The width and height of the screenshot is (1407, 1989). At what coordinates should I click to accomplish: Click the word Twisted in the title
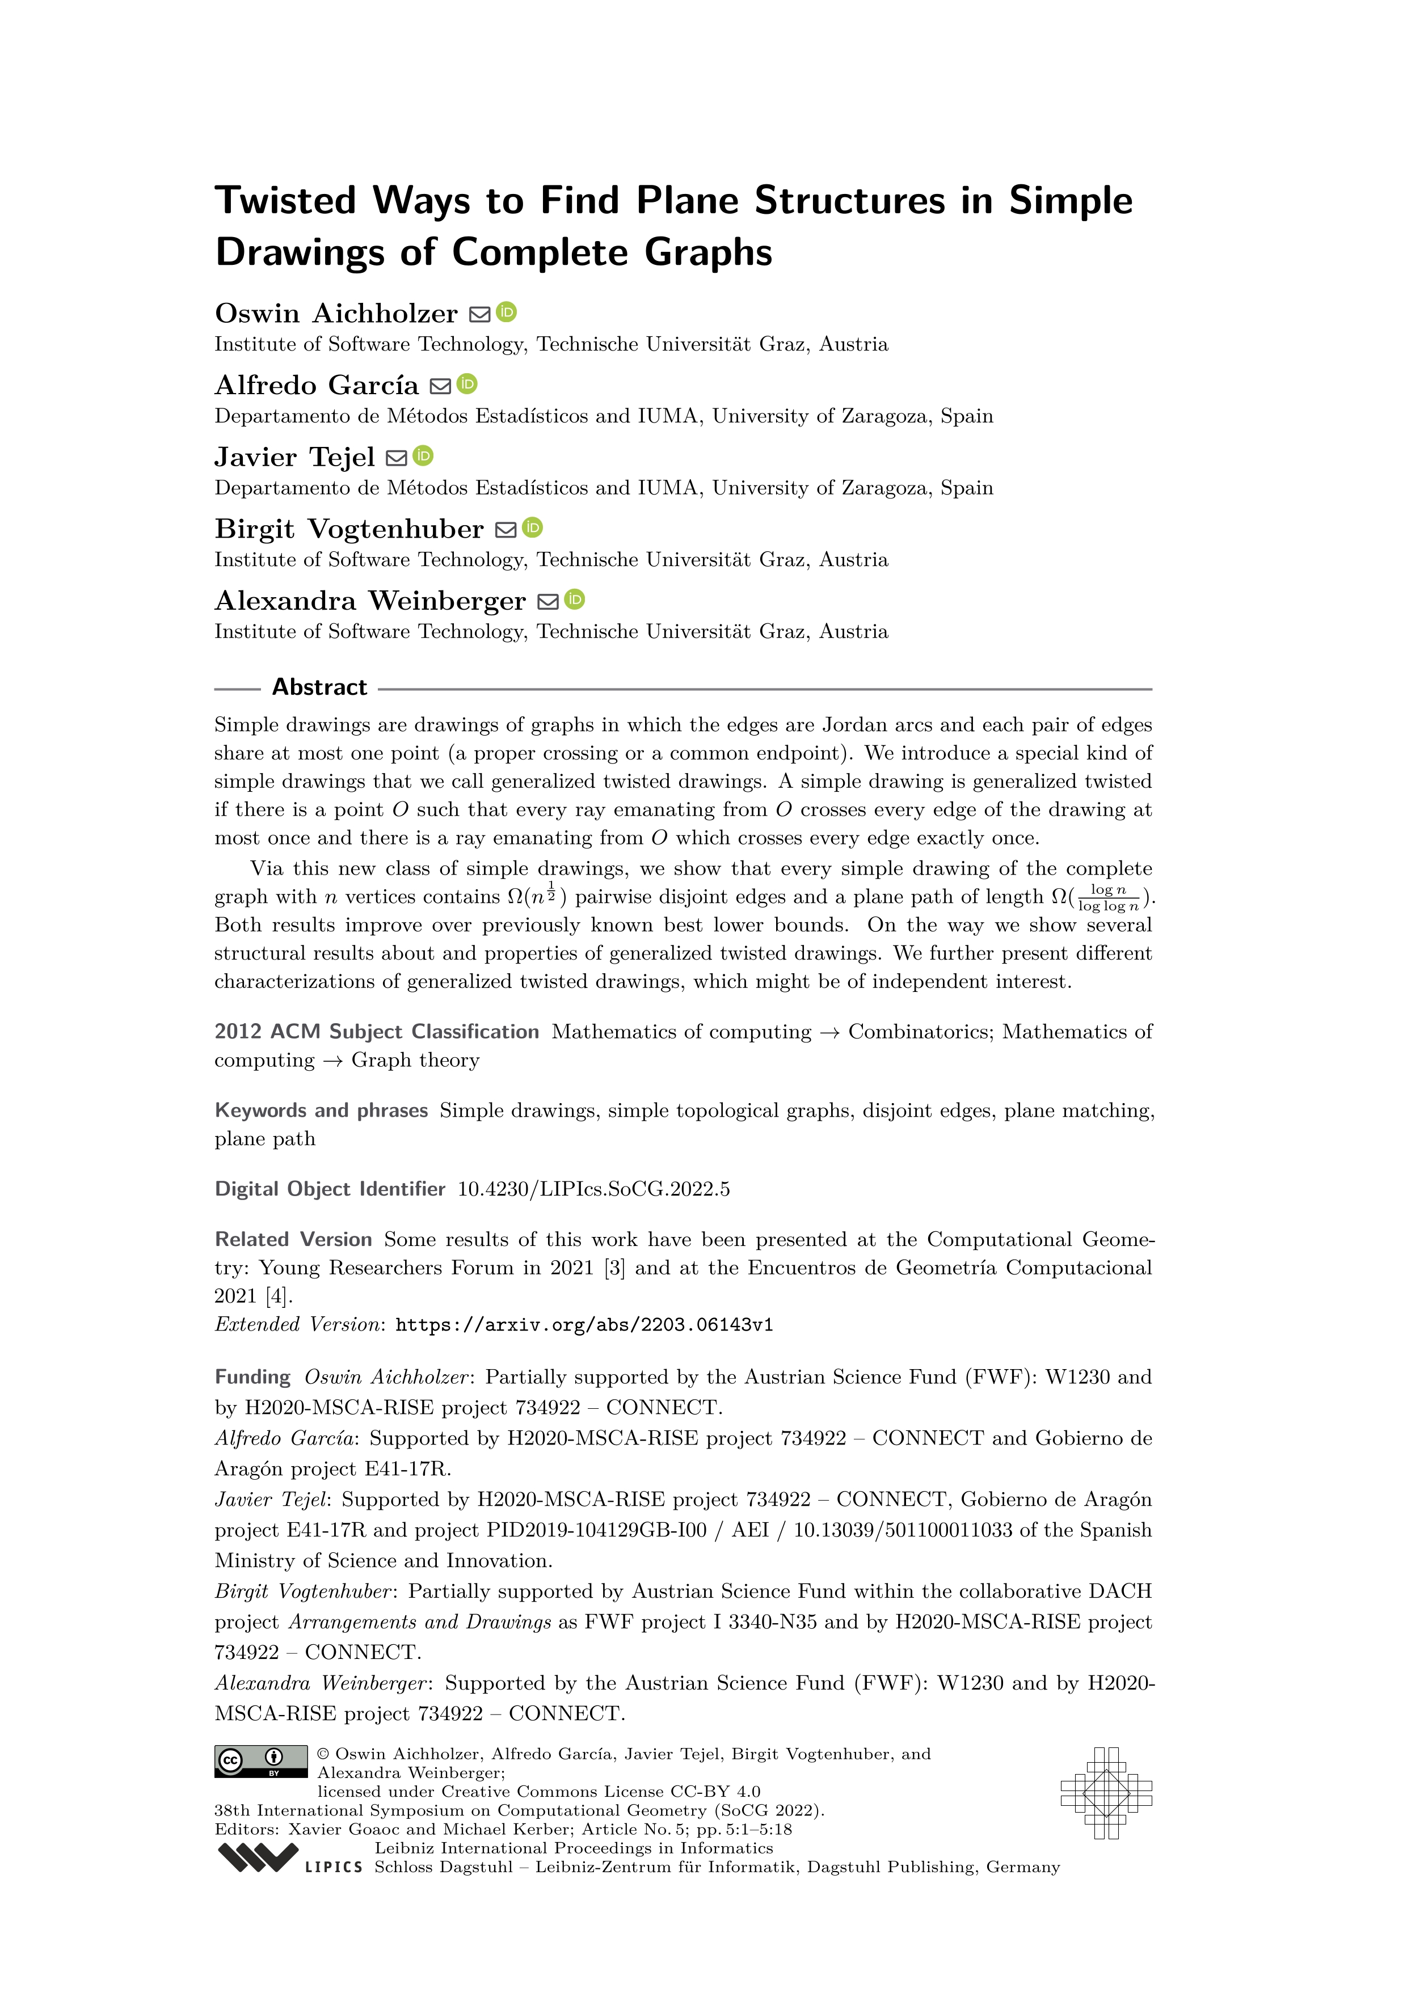coord(285,201)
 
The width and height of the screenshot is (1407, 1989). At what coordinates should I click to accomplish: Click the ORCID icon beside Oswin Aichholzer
coord(507,312)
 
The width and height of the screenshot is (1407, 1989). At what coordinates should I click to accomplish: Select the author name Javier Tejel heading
coord(294,457)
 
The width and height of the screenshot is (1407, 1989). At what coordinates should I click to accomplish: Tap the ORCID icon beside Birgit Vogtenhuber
coord(533,527)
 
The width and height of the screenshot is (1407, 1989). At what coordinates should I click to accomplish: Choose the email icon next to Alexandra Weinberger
coord(547,601)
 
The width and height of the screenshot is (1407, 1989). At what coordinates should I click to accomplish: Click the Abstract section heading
coord(319,687)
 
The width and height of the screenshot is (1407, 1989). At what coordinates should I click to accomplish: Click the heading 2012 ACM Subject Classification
coord(377,1032)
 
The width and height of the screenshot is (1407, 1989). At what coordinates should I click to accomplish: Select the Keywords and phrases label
coord(322,1110)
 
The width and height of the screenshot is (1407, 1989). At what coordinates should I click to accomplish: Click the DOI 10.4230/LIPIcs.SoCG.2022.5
coord(593,1189)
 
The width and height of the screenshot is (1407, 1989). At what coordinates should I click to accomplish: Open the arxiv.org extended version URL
coord(584,1324)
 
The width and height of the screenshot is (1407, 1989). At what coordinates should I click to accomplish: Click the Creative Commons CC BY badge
coord(261,1761)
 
